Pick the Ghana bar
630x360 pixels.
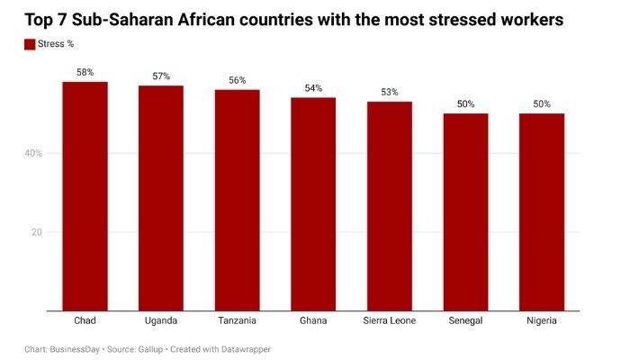click(x=313, y=204)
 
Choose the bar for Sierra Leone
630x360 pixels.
click(x=389, y=206)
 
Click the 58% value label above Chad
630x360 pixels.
click(x=85, y=72)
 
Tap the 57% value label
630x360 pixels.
click(x=161, y=76)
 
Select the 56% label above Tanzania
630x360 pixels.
click(x=237, y=80)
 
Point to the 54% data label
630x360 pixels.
click(x=313, y=87)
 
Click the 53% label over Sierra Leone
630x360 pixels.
click(x=389, y=92)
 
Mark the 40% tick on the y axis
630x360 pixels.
click(x=32, y=153)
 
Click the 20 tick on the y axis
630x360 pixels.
click(x=37, y=232)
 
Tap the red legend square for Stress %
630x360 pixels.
click(x=30, y=44)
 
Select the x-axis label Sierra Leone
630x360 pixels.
click(x=389, y=320)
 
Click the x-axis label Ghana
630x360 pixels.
click(x=313, y=320)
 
